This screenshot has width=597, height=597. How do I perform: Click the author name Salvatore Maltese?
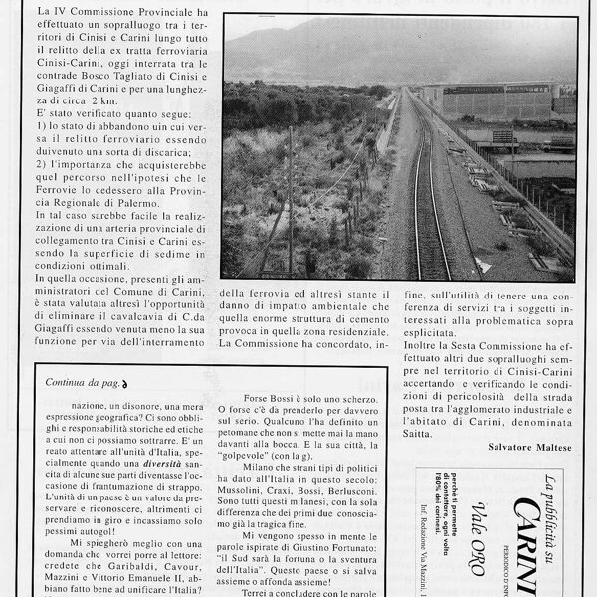(x=530, y=447)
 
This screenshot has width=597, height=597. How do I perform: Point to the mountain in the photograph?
(x=378, y=50)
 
